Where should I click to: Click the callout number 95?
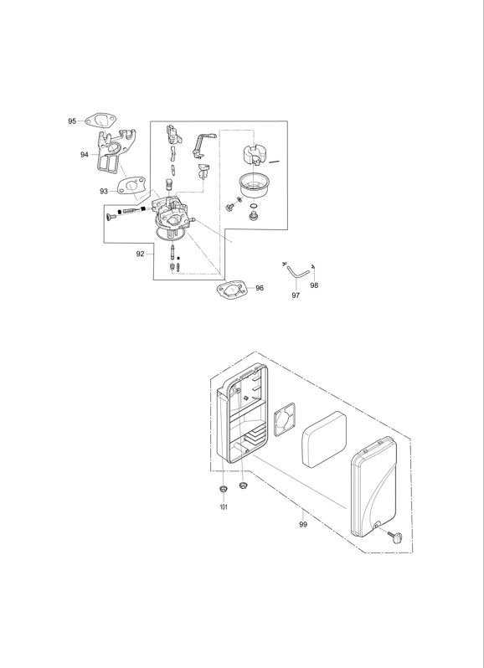(x=72, y=121)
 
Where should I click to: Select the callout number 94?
(x=85, y=155)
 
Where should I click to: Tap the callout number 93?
(x=104, y=192)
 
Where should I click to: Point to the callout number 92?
(x=140, y=254)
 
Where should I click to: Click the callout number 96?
(x=260, y=288)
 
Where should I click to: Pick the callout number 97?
(x=296, y=295)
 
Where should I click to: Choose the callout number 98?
(x=314, y=285)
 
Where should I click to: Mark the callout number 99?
(x=303, y=524)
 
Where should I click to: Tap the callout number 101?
(x=224, y=507)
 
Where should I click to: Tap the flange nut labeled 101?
(x=223, y=489)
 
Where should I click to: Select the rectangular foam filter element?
(x=324, y=439)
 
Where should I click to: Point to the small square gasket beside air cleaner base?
(x=284, y=419)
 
